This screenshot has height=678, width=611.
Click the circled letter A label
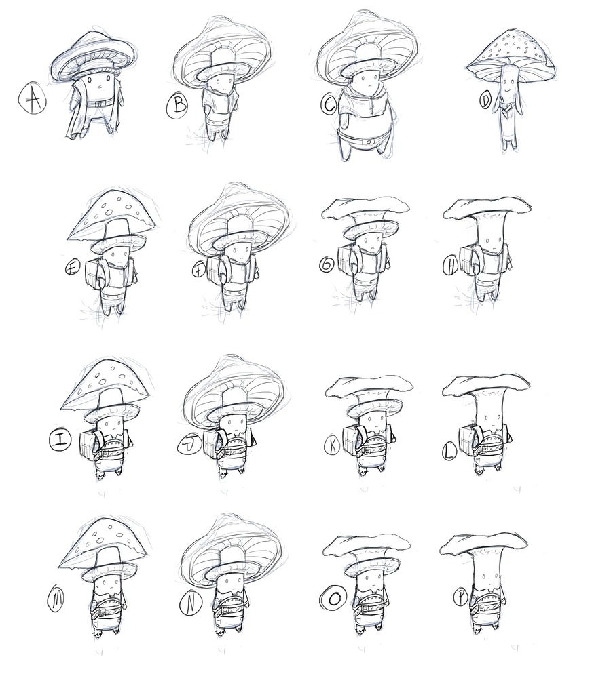(31, 101)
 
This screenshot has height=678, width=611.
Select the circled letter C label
(329, 105)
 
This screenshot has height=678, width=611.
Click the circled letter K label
(333, 445)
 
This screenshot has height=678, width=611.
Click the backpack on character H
(468, 260)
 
